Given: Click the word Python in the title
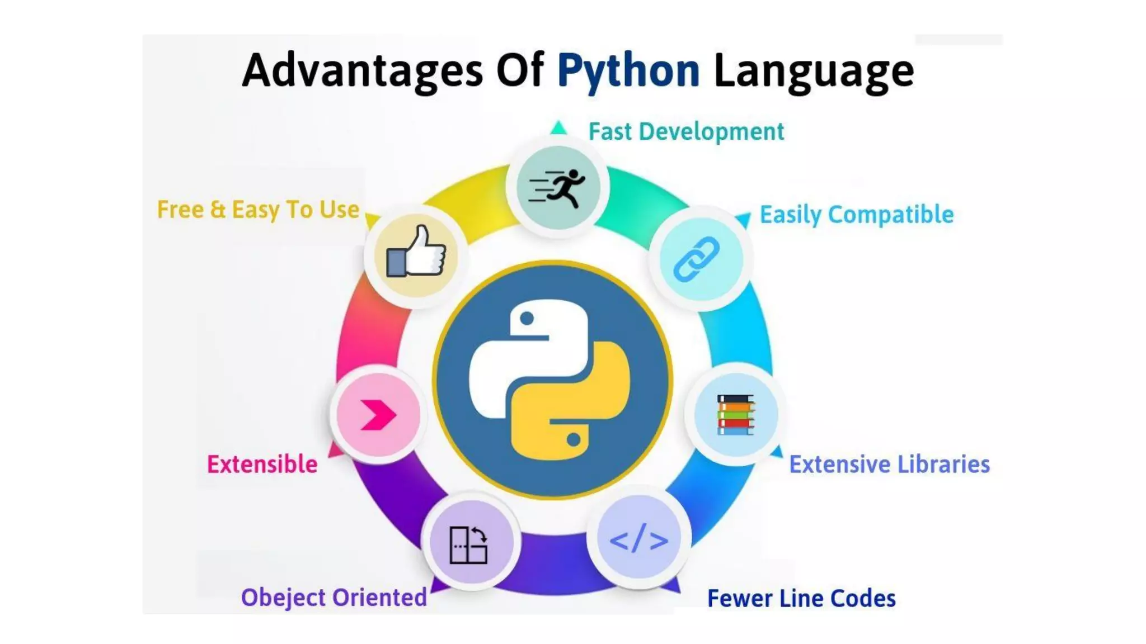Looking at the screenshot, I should pyautogui.click(x=628, y=71).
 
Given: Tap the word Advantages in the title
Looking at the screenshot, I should pyautogui.click(x=362, y=71).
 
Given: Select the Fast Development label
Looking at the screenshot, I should pyautogui.click(x=686, y=132).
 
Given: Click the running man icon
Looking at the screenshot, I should pyautogui.click(x=558, y=188).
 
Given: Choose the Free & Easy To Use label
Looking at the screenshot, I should pyautogui.click(x=258, y=210).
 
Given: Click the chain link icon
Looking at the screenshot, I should pyautogui.click(x=697, y=258).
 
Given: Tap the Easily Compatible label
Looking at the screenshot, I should pyautogui.click(x=856, y=215).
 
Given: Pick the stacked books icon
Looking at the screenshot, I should pyautogui.click(x=735, y=414).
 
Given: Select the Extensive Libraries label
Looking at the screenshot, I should pyautogui.click(x=889, y=465).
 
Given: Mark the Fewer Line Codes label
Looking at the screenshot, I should pyautogui.click(x=801, y=599).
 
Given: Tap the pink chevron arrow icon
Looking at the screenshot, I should pyautogui.click(x=378, y=415).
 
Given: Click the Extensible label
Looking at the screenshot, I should pyautogui.click(x=262, y=465).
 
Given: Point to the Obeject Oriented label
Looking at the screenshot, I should pyautogui.click(x=334, y=598).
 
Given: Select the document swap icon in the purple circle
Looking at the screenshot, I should pyautogui.click(x=469, y=544).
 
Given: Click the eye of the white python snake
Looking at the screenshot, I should pyautogui.click(x=527, y=319).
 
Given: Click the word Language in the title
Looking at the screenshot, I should pyautogui.click(x=814, y=71).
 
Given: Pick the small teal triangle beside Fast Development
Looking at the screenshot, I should pyautogui.click(x=558, y=128).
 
